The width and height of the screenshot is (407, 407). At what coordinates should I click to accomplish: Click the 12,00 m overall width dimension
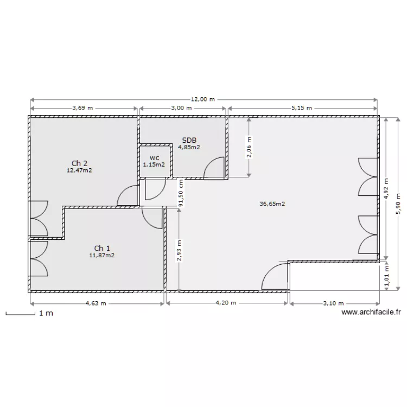pos(203,99)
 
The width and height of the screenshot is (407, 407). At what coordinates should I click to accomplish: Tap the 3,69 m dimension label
pos(82,108)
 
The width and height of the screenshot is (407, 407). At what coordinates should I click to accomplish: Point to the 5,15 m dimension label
pos(301,108)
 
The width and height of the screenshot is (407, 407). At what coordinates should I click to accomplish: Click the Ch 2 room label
pos(79,163)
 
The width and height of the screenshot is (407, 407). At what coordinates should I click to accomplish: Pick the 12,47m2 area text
pos(79,170)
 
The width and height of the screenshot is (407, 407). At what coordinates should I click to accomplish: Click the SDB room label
pos(189,140)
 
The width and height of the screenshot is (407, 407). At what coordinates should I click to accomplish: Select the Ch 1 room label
pos(102,248)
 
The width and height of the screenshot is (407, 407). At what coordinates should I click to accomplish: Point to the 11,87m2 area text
pos(102,255)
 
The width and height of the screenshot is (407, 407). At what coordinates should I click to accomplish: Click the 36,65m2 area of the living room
pos(272,204)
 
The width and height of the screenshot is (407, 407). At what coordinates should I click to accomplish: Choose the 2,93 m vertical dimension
pos(179,251)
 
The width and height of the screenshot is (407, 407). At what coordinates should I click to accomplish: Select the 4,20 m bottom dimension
pos(226,303)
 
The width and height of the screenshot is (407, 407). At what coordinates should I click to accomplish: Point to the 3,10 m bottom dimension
pos(333,303)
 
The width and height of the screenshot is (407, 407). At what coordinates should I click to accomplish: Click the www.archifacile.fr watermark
pos(371,313)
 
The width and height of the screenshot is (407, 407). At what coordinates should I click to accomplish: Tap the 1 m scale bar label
pos(46,314)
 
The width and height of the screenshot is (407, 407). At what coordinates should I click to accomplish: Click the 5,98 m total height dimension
pos(399,204)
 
